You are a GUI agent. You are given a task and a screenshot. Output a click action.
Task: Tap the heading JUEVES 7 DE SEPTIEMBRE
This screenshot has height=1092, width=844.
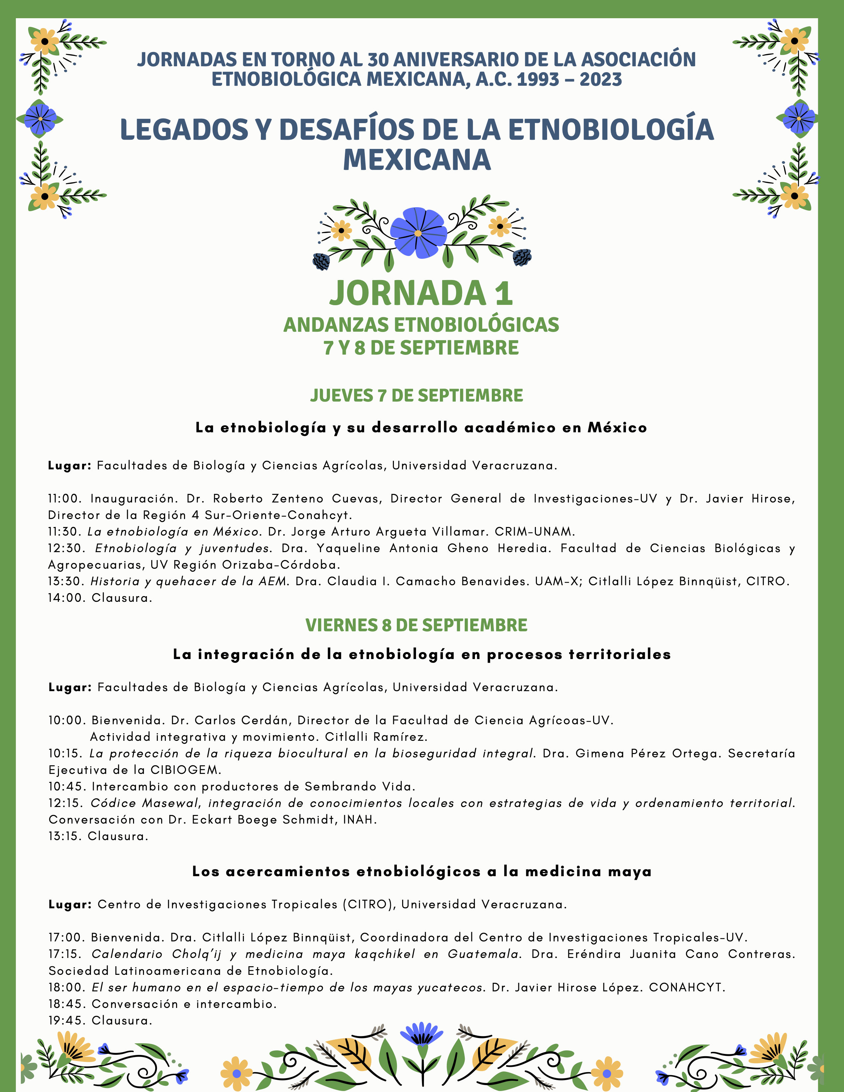(416, 396)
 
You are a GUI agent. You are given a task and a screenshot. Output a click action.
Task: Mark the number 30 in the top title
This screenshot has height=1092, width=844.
(378, 60)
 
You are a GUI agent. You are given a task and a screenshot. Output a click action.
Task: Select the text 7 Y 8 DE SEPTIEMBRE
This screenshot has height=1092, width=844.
(421, 348)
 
